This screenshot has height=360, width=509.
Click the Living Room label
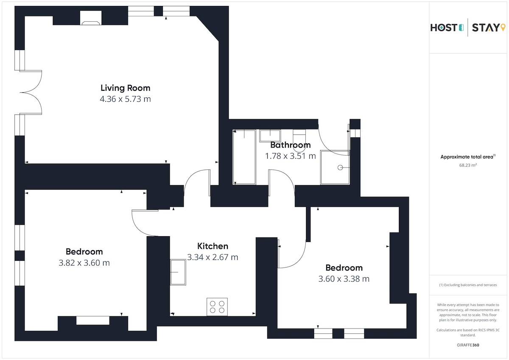[126, 88]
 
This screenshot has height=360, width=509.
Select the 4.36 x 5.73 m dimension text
[126, 99]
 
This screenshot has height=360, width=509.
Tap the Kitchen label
[213, 246]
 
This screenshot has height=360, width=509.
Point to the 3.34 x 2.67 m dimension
[213, 257]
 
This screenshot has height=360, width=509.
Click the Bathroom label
[291, 145]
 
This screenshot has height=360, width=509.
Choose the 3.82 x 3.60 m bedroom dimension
[84, 263]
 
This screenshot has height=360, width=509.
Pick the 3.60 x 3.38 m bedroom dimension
[344, 279]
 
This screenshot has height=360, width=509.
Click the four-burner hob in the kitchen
[217, 307]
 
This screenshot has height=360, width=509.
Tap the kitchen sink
[178, 272]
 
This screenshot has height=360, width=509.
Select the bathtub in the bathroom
[244, 157]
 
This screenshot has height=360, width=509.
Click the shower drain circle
[340, 167]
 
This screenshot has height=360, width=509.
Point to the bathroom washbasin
[270, 136]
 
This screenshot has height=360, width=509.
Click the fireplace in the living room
[91, 18]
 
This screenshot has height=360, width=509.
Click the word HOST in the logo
[444, 28]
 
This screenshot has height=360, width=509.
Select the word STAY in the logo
[486, 28]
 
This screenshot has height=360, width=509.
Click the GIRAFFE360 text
[468, 345]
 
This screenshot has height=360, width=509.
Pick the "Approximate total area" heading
[468, 157]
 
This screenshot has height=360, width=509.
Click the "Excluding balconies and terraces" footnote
[468, 285]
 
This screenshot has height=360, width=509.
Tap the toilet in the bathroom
[299, 140]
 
